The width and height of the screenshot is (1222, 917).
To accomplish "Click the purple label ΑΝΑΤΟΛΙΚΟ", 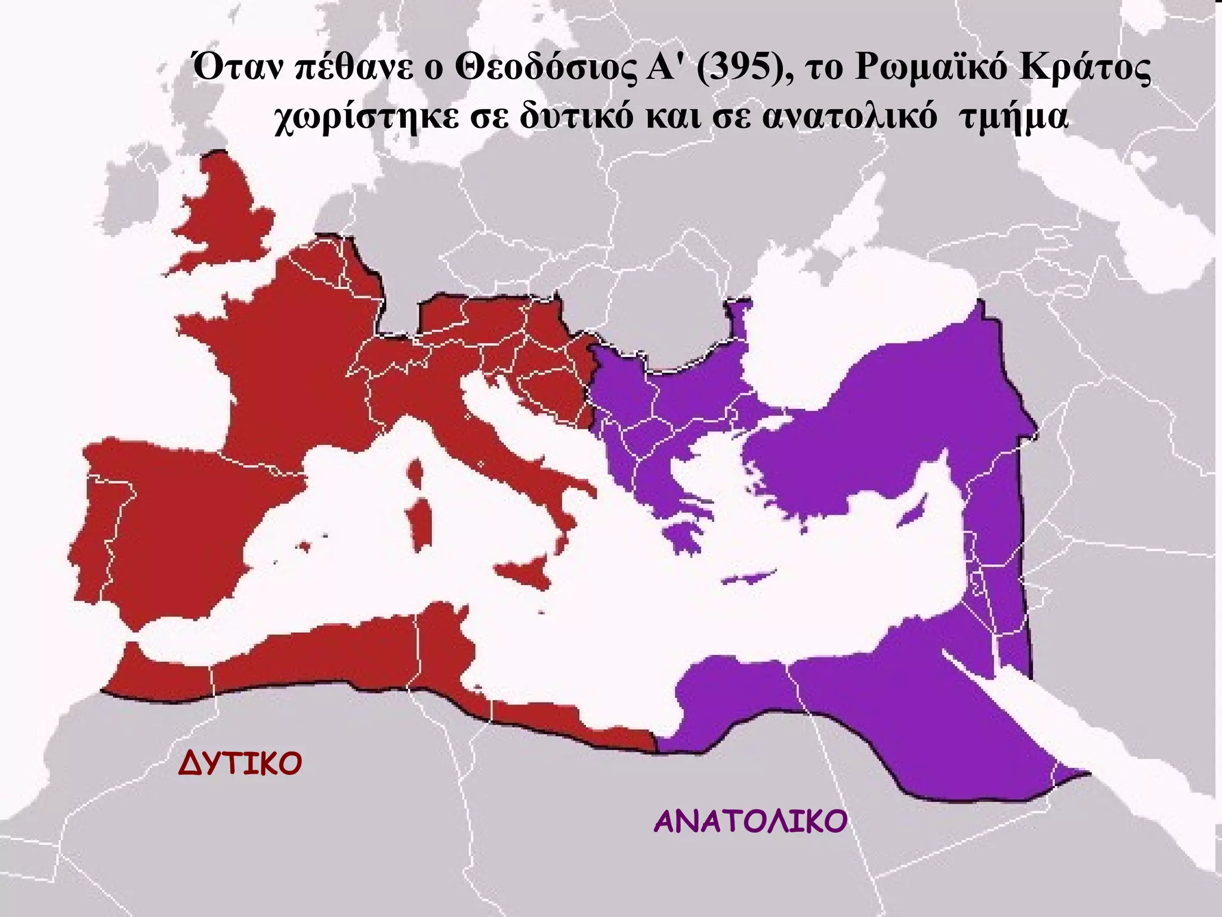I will click(x=750, y=822).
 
